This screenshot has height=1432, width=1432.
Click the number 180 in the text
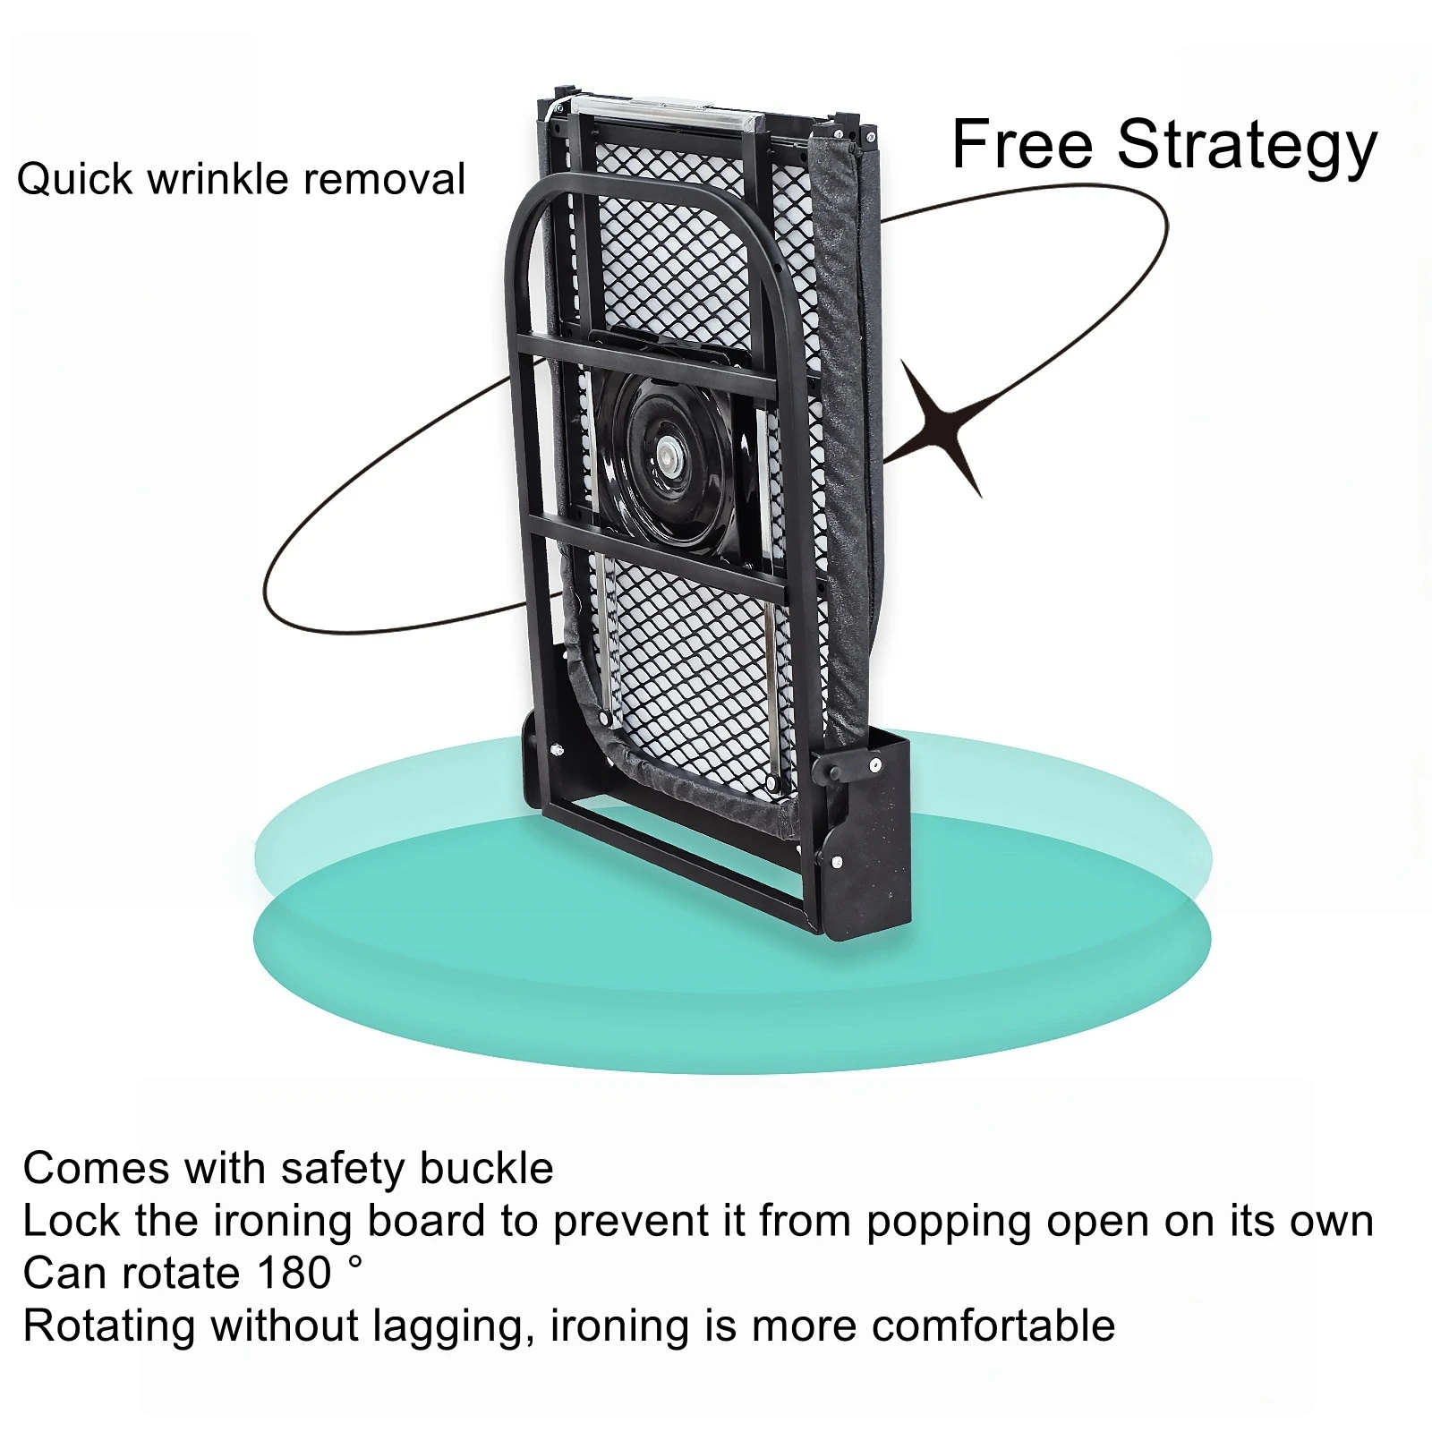click(x=294, y=1273)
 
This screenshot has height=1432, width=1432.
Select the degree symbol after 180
click(x=355, y=1261)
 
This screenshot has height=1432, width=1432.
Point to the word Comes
click(x=96, y=1169)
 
